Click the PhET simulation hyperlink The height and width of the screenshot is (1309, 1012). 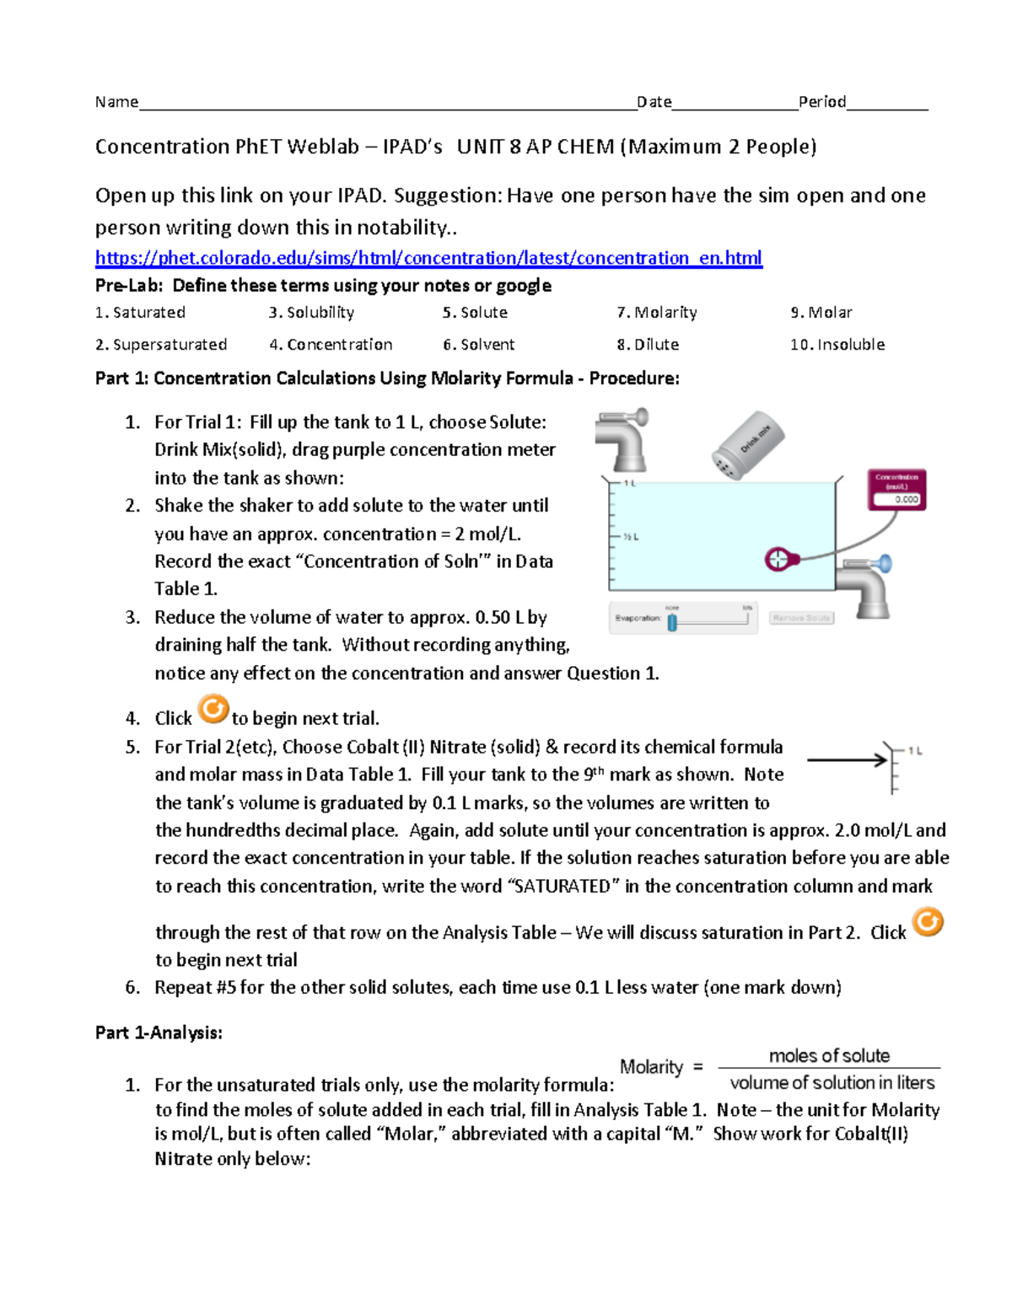click(x=428, y=258)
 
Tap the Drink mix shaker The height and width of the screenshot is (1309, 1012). click(x=747, y=444)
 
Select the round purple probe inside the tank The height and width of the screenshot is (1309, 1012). click(x=777, y=559)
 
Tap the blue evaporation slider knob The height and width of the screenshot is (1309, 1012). click(x=672, y=622)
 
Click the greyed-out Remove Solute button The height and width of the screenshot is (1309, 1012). click(x=801, y=618)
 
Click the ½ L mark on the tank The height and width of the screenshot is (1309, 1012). click(x=631, y=536)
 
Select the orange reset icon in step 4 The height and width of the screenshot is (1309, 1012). click(x=213, y=709)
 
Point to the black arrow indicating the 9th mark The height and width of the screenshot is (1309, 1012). click(x=847, y=760)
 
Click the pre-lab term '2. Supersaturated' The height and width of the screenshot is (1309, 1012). click(x=161, y=345)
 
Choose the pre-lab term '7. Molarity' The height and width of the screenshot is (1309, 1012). click(x=657, y=313)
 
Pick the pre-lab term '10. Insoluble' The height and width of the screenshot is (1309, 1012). click(x=837, y=345)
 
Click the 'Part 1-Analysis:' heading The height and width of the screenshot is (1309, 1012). click(x=159, y=1033)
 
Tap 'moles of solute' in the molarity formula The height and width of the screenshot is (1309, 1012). click(x=829, y=1055)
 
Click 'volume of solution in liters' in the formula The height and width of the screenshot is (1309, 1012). click(x=832, y=1082)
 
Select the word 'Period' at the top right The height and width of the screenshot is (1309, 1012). click(x=822, y=102)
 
